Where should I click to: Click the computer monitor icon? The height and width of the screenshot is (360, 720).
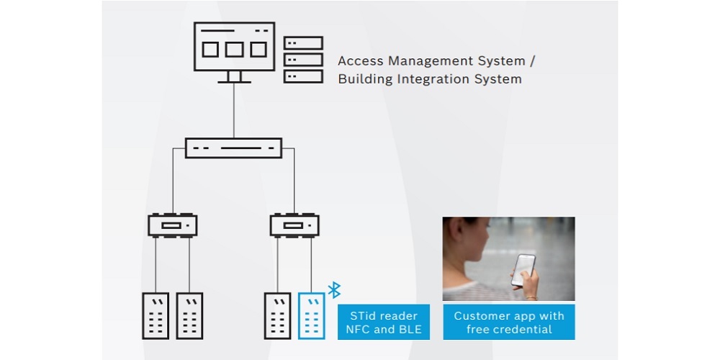234,48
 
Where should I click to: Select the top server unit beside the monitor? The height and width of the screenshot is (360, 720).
303,43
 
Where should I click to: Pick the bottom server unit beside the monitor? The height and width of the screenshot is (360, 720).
303,76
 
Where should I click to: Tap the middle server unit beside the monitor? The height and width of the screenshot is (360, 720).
303,60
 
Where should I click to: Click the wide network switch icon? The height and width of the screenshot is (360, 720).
234,148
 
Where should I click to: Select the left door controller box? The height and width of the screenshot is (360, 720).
173,225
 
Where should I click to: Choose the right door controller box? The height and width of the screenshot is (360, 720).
294,225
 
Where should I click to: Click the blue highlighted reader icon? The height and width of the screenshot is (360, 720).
311,315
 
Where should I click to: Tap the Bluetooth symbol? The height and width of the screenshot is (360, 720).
334,289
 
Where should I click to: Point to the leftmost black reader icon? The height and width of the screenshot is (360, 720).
156,315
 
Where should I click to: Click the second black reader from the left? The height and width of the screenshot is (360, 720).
189,315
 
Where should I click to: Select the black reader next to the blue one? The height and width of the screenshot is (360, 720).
277,315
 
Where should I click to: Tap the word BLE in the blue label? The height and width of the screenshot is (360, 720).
407,330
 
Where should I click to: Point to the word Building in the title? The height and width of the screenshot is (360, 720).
366,79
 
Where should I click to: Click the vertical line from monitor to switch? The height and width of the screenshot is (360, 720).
234,112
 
